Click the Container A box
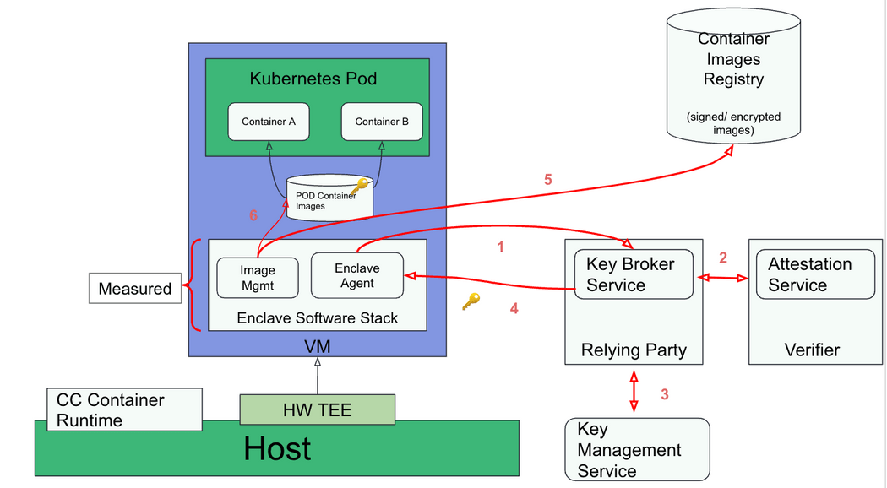(x=269, y=122)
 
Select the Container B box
(x=382, y=122)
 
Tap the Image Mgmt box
(x=258, y=277)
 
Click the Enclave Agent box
(x=356, y=275)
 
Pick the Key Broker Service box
(x=634, y=274)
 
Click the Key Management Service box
(x=637, y=450)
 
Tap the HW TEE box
(x=317, y=410)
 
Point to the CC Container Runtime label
(x=124, y=409)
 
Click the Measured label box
(x=135, y=289)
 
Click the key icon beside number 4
(x=471, y=301)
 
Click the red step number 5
(x=547, y=179)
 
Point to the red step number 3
(x=664, y=393)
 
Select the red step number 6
(x=253, y=216)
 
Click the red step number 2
(x=722, y=258)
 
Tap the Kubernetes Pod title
(x=313, y=79)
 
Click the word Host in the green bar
(x=277, y=448)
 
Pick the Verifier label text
(x=812, y=350)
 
